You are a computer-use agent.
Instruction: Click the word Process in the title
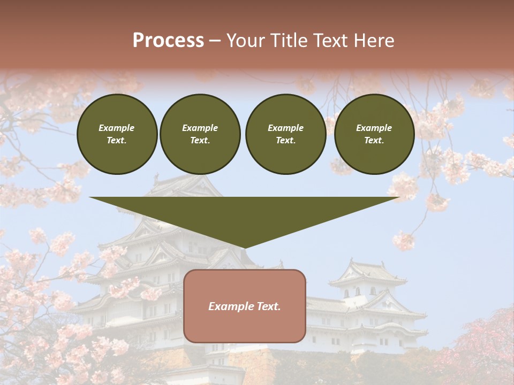[x=168, y=41]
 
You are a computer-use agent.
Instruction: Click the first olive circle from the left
[x=117, y=134]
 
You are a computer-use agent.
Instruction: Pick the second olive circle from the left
[x=200, y=134]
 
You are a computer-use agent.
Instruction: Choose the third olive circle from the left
[x=285, y=134]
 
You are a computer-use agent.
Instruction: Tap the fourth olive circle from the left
[x=374, y=134]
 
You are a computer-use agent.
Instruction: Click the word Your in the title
[x=244, y=41]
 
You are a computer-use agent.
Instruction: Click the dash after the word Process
[x=214, y=41]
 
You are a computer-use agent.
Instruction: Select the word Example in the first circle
[x=117, y=128]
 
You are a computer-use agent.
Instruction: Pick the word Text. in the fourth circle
[x=374, y=141]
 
